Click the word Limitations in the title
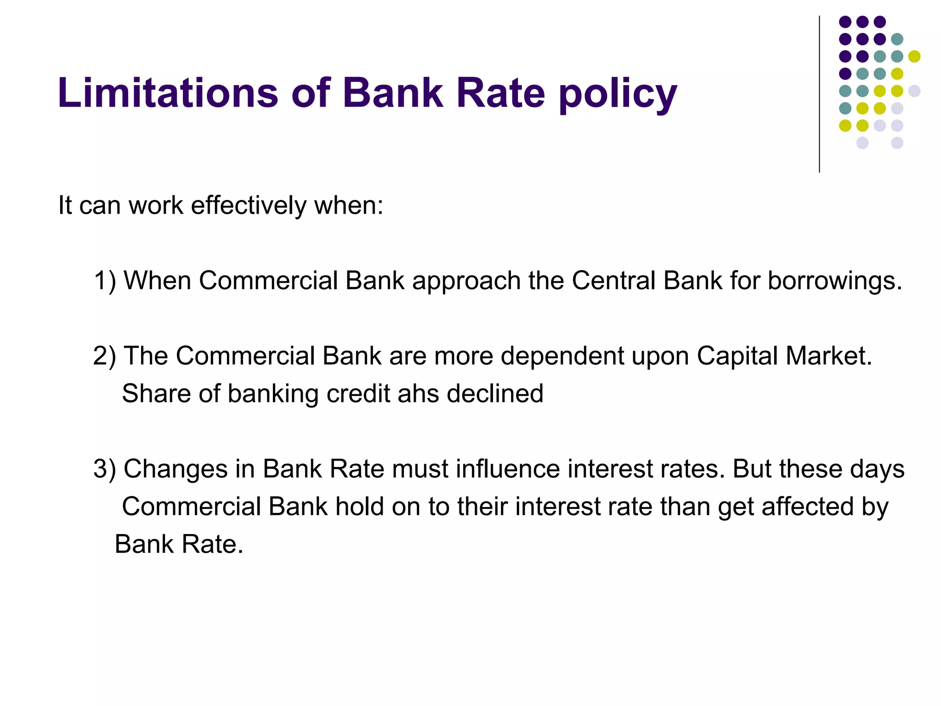(x=168, y=93)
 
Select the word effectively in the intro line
(x=248, y=205)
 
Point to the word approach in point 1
(x=466, y=281)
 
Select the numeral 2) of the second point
(x=105, y=356)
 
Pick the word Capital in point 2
(x=737, y=357)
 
